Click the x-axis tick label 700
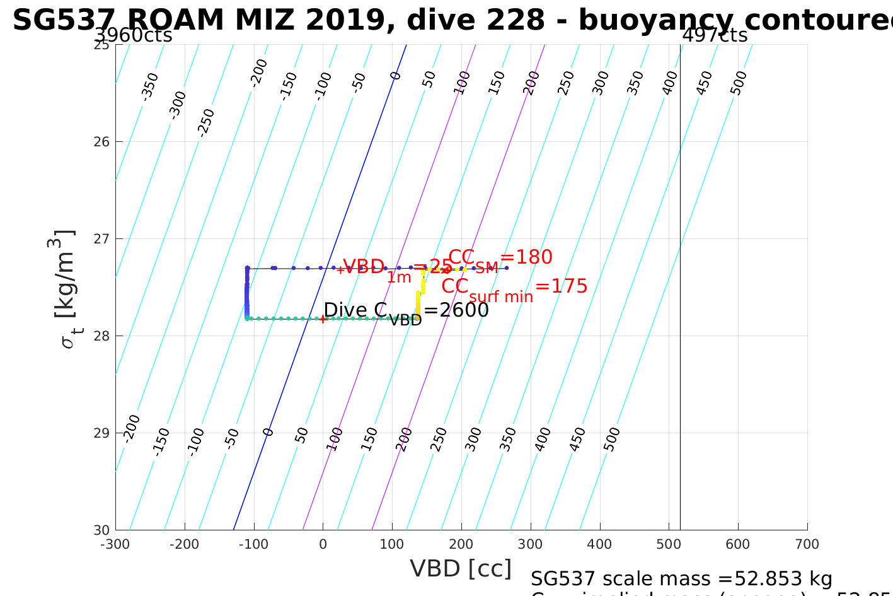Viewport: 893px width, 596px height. click(x=807, y=544)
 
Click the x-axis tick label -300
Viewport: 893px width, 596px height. click(x=115, y=544)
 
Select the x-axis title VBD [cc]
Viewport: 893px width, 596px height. click(x=461, y=569)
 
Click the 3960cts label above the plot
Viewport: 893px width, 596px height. click(x=134, y=35)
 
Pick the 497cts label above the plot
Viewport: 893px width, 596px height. click(x=715, y=35)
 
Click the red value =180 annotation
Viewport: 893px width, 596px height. click(x=526, y=257)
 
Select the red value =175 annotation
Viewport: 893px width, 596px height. click(x=562, y=286)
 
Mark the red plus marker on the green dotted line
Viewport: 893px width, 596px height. click(x=323, y=319)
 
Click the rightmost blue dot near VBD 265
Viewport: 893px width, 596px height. click(x=506, y=268)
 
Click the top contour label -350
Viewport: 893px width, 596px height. click(x=150, y=86)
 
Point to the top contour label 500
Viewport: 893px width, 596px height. click(x=739, y=83)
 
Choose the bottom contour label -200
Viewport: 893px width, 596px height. click(x=132, y=428)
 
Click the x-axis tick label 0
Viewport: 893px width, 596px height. click(x=323, y=544)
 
